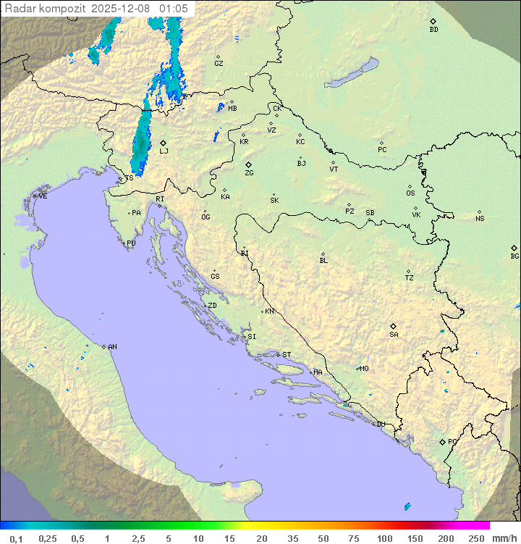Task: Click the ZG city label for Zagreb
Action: point(249,174)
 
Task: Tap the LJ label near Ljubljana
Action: point(164,151)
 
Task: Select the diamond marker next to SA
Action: point(394,326)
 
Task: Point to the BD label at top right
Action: point(433,30)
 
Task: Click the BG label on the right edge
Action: point(514,256)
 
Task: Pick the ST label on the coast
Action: point(287,355)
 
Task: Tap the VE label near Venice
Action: point(43,196)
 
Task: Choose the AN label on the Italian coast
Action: point(112,347)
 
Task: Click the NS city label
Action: point(480,219)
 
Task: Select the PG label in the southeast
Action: point(452,442)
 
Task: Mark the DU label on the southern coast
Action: point(380,424)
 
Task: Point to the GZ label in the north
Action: point(219,64)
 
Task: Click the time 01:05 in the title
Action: point(174,9)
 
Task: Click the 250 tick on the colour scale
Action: point(476,537)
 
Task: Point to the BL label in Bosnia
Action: point(323,261)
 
